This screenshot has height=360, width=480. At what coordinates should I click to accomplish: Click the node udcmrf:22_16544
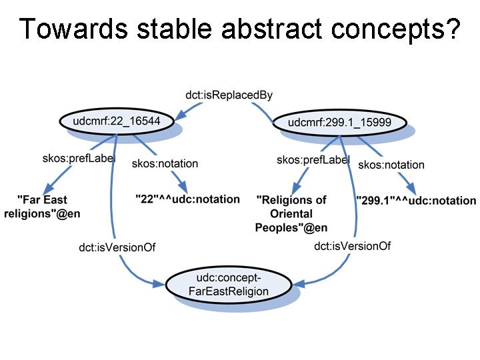click(x=117, y=122)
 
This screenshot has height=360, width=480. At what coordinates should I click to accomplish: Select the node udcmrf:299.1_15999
click(x=339, y=123)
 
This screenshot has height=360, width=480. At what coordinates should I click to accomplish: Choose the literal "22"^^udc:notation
click(x=187, y=199)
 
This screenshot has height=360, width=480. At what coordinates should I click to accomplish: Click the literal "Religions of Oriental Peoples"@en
click(x=291, y=213)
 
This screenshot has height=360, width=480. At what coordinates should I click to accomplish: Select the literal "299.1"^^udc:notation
click(x=416, y=200)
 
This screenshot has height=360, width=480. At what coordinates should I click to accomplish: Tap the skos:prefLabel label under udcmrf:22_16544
click(x=79, y=158)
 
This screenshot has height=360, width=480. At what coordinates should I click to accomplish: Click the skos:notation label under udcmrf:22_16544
click(x=165, y=163)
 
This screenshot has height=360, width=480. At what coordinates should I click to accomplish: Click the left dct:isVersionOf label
click(x=117, y=247)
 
